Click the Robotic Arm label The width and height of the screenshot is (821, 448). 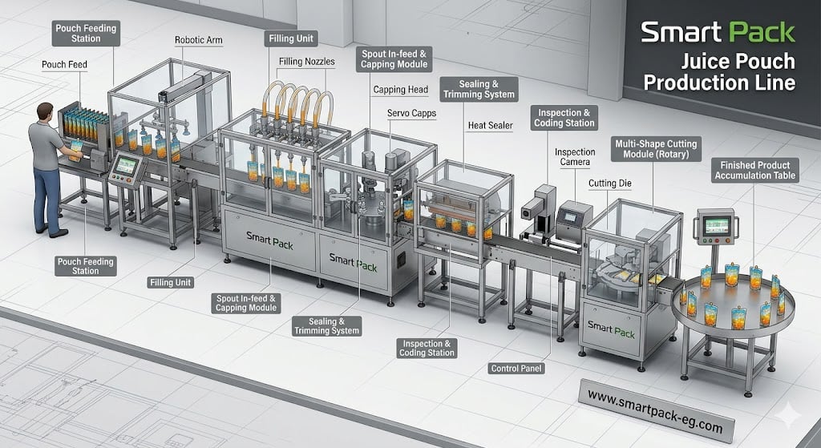point(199,40)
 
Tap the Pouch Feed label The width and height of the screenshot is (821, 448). point(64,64)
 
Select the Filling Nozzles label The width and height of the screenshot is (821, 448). point(306,61)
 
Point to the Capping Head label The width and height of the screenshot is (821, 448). point(401,90)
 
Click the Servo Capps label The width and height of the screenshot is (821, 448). point(411,113)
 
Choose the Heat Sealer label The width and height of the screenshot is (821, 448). point(491,125)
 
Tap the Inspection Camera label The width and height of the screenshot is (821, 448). point(575,157)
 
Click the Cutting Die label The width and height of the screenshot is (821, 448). point(610,184)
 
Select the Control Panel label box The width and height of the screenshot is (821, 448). point(516,369)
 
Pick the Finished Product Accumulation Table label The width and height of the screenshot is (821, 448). point(755,170)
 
